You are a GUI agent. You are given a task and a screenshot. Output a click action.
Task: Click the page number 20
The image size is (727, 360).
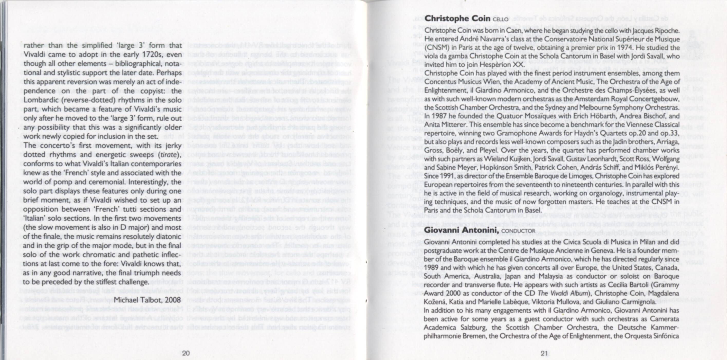pos(186,353)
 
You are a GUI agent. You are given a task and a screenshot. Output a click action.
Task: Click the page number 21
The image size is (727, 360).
pos(544,353)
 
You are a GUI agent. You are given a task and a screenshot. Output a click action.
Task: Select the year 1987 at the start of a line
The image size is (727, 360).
pos(437,116)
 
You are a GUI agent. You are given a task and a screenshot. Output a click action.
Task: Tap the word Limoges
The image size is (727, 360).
pos(549,176)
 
